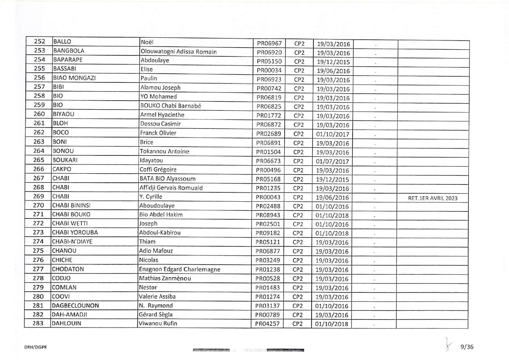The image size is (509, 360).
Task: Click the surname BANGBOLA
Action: (69, 51)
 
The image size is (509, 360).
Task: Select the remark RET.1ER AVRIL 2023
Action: (432, 198)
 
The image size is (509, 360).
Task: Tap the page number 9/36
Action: (467, 347)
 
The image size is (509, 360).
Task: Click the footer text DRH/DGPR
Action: (36, 347)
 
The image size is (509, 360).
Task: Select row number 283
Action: (38, 323)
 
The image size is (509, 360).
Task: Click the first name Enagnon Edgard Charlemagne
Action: (179, 269)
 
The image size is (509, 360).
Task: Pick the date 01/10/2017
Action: (332, 134)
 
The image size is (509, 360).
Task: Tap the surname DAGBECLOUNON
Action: (75, 305)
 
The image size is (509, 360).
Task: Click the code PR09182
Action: (268, 233)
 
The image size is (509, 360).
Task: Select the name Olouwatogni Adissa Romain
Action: (178, 52)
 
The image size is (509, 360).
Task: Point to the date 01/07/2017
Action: (332, 162)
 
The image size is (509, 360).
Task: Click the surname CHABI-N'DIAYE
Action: (72, 242)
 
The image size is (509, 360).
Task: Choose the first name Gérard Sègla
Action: (156, 314)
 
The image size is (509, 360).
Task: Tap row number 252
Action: (39, 41)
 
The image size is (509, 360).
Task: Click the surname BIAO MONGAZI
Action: (74, 78)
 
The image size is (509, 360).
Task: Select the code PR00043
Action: (268, 197)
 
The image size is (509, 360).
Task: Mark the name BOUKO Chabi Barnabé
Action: (171, 106)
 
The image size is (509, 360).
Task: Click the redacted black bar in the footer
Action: (285, 350)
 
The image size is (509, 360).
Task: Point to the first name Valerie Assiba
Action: (157, 296)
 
